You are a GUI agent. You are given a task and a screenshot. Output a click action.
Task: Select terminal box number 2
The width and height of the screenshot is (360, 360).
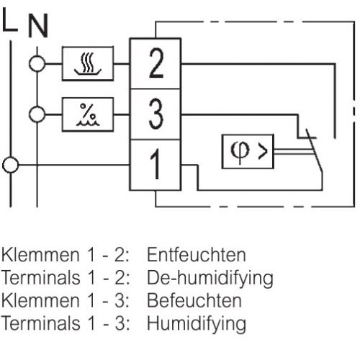[x=156, y=65]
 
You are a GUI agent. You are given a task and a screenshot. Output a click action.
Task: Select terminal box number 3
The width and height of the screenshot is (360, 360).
[x=156, y=113]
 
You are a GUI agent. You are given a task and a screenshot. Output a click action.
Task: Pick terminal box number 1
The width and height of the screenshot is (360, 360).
[x=156, y=163]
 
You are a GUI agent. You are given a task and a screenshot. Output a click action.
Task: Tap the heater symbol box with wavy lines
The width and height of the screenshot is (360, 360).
[x=88, y=65]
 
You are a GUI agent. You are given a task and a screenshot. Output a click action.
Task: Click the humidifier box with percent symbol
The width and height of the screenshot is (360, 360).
[x=88, y=113]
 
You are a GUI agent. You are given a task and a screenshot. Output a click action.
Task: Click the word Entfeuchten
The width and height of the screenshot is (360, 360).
[x=196, y=255]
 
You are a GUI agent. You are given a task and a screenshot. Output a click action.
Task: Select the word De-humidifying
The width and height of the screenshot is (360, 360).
[x=210, y=277]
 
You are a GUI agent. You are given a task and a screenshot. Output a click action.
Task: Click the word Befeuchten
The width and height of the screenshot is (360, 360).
[x=194, y=300]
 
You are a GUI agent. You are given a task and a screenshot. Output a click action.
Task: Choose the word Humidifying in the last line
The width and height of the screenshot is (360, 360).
[x=196, y=323]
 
